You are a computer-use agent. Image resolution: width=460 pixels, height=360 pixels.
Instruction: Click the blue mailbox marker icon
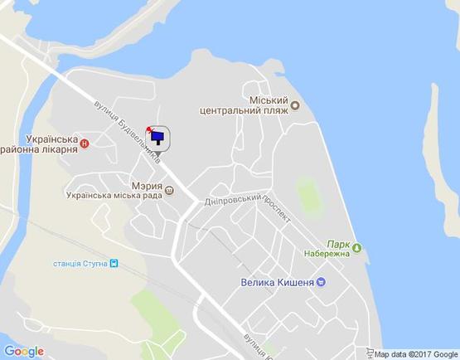pos(158,139)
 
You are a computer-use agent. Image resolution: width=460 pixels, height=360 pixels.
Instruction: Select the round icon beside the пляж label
pos(294,105)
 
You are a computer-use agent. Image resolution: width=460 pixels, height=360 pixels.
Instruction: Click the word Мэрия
pos(146,186)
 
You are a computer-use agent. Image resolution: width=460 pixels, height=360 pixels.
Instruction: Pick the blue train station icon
pos(114,264)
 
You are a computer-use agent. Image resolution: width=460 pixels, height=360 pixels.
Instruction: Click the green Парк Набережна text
pos(328,249)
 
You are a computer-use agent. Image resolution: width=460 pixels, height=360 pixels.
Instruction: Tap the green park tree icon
pos(357,246)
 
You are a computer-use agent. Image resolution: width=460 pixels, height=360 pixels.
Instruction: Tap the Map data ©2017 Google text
pos(415,354)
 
